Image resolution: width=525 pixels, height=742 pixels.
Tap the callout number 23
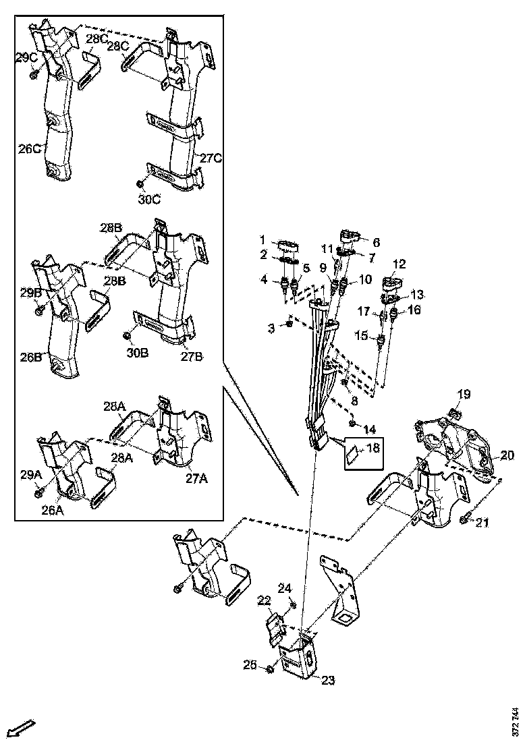coord(328,680)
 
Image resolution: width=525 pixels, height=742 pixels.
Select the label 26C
coord(28,148)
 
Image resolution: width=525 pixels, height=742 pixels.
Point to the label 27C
coord(211,159)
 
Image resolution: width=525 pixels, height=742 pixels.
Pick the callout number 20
coord(507,457)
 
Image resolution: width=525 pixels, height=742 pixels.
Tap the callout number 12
coord(399,264)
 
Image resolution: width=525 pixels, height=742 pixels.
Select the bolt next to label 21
coord(465,519)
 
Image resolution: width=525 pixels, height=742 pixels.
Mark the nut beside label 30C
coord(140,183)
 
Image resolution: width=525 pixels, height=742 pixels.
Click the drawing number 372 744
coord(516,721)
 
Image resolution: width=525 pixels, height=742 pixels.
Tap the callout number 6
coord(376,241)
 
